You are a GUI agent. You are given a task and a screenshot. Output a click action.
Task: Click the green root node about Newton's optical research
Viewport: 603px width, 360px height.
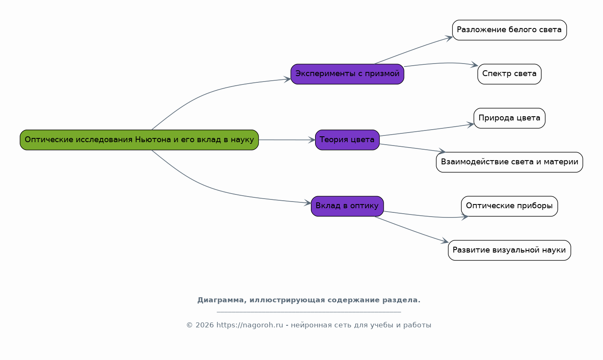[x=139, y=140]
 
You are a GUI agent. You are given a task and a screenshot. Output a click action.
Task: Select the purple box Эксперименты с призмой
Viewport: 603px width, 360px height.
[x=347, y=74]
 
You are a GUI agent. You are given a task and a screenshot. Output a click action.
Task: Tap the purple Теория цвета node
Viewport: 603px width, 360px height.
[x=347, y=140]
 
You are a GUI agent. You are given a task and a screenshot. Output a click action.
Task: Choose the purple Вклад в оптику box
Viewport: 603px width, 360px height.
[x=347, y=206]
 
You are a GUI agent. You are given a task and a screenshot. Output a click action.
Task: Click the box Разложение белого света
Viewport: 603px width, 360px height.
[x=509, y=30]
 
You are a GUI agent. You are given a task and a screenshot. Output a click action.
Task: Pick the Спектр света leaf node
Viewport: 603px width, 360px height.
[x=509, y=74]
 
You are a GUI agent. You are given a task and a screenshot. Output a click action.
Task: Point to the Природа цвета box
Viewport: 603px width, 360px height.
[x=509, y=118]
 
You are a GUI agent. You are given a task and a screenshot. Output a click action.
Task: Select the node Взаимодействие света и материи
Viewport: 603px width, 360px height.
[x=509, y=162]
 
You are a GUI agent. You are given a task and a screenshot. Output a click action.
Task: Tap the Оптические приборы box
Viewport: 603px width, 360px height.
[x=509, y=206]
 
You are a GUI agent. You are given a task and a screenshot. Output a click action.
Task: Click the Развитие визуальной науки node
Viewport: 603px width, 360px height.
[x=509, y=250]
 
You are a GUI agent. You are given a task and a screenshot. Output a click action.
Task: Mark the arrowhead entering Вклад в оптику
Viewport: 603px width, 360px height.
[x=308, y=203]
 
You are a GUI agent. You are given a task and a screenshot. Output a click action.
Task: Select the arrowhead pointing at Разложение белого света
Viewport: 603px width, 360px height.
[x=449, y=38]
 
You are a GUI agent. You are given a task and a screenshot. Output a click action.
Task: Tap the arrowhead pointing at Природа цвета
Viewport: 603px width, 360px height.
[x=471, y=124]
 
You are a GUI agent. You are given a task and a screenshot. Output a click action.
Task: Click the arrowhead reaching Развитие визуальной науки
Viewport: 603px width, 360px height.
[x=445, y=242]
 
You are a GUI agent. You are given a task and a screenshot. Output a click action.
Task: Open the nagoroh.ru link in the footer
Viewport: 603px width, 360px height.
[x=249, y=325]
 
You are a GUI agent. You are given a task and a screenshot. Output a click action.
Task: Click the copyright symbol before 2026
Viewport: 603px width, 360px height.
[x=189, y=325]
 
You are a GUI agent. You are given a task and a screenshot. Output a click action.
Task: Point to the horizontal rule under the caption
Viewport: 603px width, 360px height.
[x=308, y=312]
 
